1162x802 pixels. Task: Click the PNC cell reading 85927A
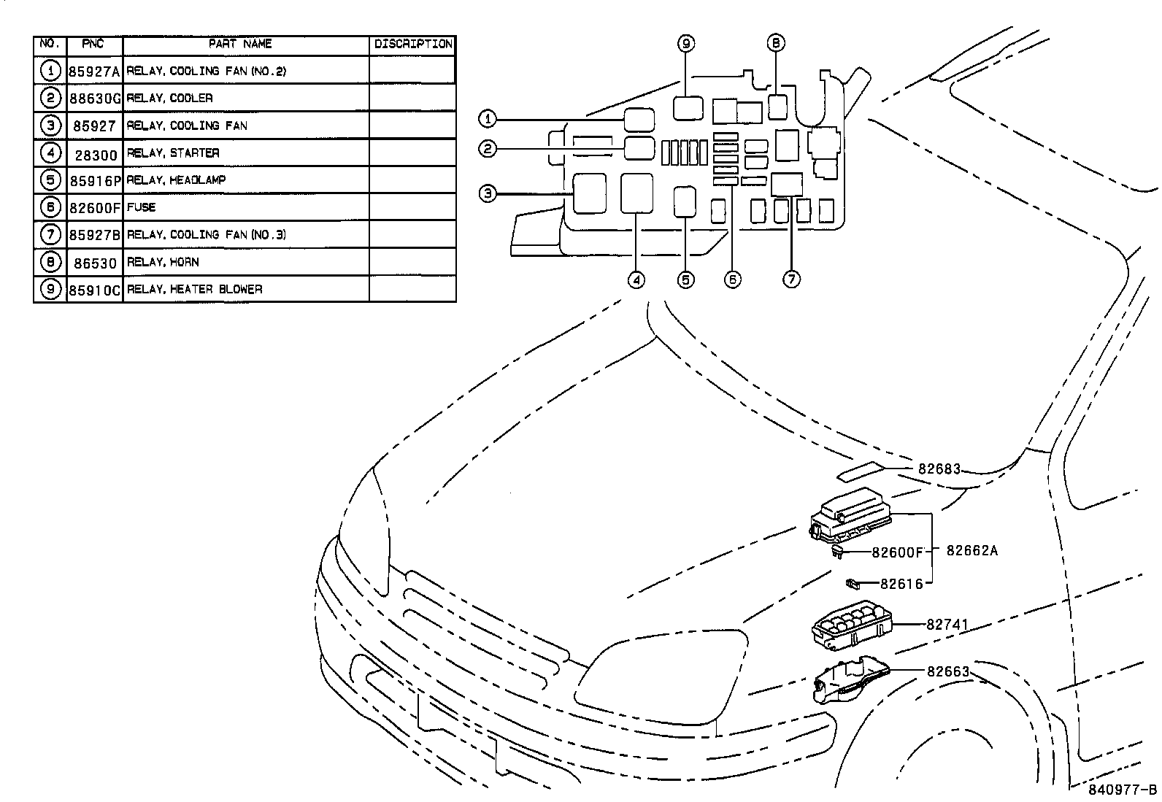tap(94, 71)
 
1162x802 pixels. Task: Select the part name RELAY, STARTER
tap(173, 153)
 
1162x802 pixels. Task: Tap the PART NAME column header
tap(240, 44)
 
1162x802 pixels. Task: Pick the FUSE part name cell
tap(142, 207)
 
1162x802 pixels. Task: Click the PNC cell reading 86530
tap(94, 262)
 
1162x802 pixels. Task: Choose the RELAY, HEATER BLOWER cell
tap(194, 289)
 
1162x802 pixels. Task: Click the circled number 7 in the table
tap(50, 234)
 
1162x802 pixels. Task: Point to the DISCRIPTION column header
tap(413, 44)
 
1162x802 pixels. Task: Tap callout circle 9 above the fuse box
tap(686, 43)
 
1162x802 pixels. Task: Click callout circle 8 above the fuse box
tap(777, 43)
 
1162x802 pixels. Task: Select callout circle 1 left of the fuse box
tap(488, 118)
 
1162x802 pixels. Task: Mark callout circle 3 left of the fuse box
tap(488, 193)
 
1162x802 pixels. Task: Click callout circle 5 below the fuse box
tap(685, 279)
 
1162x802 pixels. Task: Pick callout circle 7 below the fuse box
tap(792, 279)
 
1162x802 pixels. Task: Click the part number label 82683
tap(939, 469)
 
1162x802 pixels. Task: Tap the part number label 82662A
tap(971, 551)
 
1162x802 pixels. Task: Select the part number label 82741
tap(947, 625)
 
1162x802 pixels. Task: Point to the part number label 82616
tap(901, 584)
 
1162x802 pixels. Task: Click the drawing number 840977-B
tap(1123, 790)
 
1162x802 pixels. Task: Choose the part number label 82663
tap(948, 671)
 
